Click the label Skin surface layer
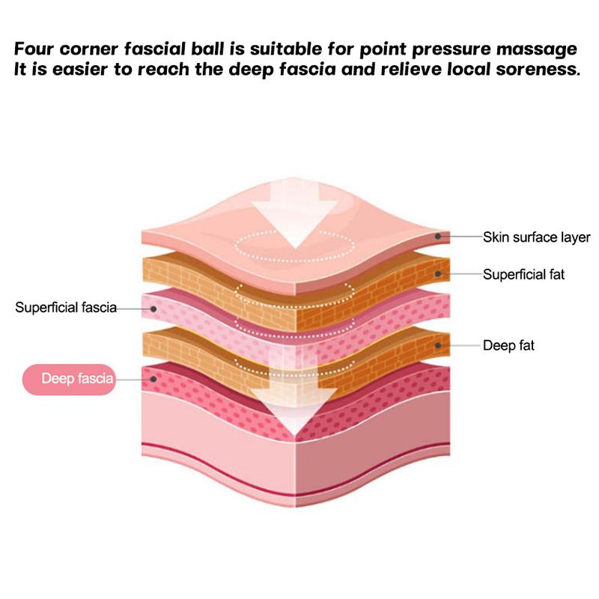536,237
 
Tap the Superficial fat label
523,275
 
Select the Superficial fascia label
66,307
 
